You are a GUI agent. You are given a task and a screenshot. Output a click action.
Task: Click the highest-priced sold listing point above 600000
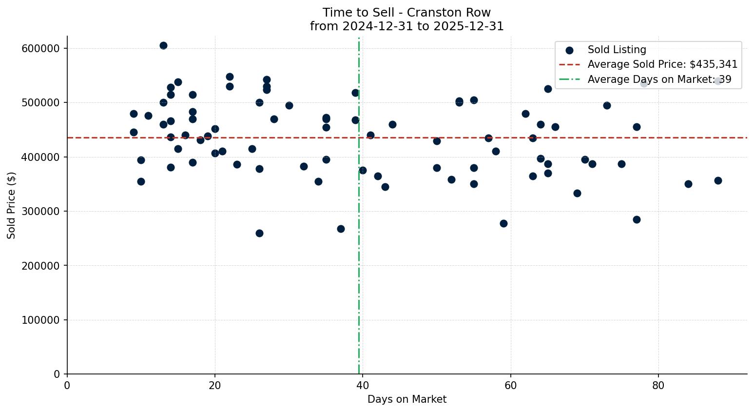(163, 46)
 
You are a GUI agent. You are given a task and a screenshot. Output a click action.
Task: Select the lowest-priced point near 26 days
(259, 233)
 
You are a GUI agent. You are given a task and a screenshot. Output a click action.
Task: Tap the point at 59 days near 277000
(503, 223)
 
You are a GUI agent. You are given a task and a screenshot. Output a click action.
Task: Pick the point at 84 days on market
(688, 184)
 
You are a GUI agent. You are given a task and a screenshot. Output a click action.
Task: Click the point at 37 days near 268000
(341, 229)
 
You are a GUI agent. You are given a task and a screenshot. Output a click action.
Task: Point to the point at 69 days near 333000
(577, 193)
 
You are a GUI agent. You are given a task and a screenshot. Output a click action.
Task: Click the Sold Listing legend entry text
(617, 50)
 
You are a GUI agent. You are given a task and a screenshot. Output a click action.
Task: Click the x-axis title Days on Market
(407, 399)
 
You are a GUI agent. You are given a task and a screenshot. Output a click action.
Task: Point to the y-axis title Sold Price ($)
(12, 205)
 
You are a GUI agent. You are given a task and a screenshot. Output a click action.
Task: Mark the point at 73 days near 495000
(607, 105)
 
